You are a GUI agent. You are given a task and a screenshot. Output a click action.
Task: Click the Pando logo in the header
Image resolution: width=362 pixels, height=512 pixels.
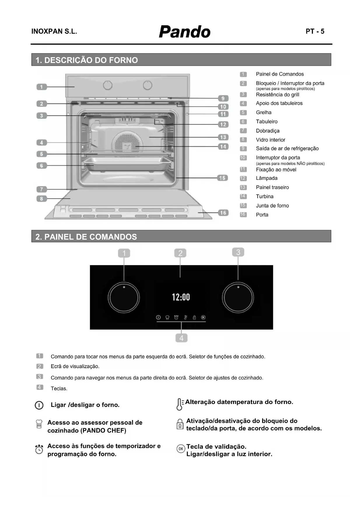184,32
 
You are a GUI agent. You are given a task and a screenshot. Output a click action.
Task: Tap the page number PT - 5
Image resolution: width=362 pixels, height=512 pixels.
315,32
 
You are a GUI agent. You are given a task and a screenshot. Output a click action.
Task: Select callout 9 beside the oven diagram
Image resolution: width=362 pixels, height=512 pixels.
223,99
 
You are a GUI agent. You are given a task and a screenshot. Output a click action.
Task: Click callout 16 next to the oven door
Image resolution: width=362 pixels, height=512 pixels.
223,213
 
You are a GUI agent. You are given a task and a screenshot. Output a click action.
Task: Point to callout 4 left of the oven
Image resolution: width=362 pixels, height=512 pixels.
41,142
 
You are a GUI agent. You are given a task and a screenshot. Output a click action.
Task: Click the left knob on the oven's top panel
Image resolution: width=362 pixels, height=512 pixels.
108,85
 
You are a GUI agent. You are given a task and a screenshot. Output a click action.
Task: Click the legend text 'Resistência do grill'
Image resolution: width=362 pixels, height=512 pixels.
277,95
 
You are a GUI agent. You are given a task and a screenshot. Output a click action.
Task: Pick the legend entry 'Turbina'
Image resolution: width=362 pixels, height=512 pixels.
265,196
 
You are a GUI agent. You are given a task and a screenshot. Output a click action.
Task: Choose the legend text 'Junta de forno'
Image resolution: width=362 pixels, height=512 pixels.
272,206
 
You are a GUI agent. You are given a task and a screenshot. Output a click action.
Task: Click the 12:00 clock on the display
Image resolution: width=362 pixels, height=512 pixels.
181,297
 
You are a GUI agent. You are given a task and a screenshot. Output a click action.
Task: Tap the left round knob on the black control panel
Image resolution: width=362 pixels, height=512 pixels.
124,298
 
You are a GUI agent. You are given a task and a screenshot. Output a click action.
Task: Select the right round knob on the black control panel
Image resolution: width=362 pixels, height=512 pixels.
238,298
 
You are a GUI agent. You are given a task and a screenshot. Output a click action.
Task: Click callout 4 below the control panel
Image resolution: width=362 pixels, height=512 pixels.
181,338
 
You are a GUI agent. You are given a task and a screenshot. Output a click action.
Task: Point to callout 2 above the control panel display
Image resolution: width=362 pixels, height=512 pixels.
180,253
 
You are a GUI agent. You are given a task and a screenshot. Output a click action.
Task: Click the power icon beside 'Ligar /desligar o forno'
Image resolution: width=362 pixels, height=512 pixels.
39,405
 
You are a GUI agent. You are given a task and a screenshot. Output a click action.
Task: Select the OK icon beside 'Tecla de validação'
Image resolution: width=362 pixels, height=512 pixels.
181,449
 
